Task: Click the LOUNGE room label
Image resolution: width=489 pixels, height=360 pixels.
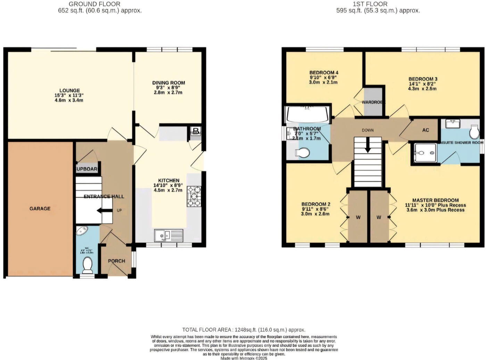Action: (x=69, y=91)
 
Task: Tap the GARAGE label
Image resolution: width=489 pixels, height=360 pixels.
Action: (x=40, y=208)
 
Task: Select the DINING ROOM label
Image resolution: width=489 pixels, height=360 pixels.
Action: (x=168, y=83)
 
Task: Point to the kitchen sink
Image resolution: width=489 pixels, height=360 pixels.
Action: (x=169, y=235)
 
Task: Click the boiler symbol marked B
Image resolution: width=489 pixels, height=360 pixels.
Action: (x=196, y=132)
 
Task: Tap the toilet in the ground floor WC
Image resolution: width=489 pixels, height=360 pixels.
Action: (x=88, y=265)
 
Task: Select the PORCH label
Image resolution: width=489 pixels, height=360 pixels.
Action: (x=116, y=261)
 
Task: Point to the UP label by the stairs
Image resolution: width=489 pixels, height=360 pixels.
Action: (x=119, y=210)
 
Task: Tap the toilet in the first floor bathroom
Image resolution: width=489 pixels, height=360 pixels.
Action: (x=302, y=153)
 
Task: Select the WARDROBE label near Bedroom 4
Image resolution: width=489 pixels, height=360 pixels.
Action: (x=373, y=103)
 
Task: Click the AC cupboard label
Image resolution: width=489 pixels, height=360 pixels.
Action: (x=425, y=130)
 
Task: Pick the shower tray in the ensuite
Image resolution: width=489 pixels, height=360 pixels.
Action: (x=424, y=153)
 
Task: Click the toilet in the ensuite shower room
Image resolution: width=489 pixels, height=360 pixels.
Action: (x=474, y=132)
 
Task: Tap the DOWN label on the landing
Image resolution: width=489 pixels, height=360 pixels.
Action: (x=367, y=130)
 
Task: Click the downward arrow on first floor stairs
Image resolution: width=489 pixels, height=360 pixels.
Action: (x=367, y=146)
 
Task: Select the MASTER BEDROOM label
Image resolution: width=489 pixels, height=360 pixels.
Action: (x=435, y=200)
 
